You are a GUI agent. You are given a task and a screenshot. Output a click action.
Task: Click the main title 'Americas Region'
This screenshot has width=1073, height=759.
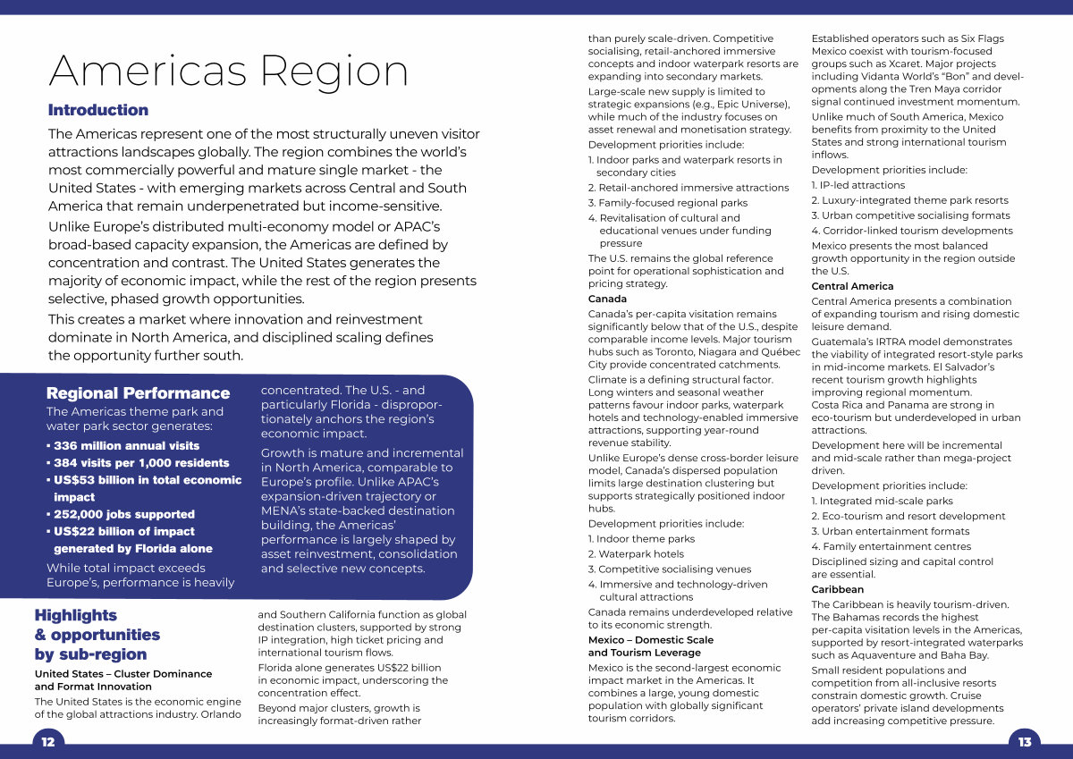[x=228, y=71]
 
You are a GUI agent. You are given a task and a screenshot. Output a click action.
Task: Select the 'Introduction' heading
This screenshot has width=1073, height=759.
[x=98, y=110]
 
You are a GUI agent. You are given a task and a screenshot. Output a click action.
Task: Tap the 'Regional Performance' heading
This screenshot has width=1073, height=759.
[x=138, y=393]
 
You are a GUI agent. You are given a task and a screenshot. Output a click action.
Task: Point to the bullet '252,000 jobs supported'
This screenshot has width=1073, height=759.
[x=121, y=514]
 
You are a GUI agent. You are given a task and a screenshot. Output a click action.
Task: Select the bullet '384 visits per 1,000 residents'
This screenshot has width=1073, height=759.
[x=139, y=463]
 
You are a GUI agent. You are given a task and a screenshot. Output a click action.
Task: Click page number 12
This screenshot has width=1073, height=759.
[x=48, y=742]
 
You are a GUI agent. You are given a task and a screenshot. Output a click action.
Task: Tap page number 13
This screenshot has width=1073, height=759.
[x=1025, y=742]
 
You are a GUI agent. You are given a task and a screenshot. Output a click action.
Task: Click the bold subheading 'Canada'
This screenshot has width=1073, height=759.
[x=607, y=299]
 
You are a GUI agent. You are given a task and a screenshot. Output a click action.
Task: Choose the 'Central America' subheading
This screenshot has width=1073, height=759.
[x=852, y=286]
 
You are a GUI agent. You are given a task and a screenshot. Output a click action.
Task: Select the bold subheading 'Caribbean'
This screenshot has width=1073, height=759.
[x=838, y=590]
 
